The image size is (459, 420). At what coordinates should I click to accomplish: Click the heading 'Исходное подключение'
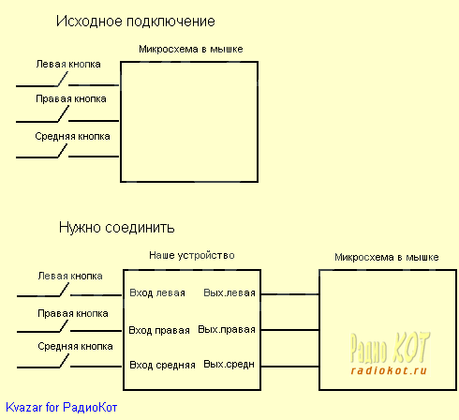pos(136,22)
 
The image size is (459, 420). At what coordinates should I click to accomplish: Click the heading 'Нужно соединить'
pos(117,227)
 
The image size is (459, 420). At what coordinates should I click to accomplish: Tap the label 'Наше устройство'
pos(192,255)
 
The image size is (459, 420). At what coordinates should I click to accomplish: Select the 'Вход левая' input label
pos(157,293)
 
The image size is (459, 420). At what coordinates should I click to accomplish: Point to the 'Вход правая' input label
pos(159,330)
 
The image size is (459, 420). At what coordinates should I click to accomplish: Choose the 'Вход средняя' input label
pos(162,365)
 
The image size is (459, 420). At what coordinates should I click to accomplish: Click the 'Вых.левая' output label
pos(229,292)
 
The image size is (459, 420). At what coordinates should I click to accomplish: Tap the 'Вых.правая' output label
pos(227,330)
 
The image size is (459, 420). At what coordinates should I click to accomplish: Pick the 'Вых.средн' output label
pos(229,365)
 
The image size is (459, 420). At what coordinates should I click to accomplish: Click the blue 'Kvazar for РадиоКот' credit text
pos(62,407)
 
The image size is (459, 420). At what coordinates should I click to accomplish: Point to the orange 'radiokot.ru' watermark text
pos(389,370)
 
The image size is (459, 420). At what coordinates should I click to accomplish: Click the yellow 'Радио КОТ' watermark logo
pos(390,348)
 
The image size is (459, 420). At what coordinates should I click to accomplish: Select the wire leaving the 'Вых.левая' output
pos(289,294)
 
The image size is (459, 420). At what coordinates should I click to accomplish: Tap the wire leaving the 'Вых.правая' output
pos(289,330)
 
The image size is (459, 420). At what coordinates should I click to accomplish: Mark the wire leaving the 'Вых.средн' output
pos(289,367)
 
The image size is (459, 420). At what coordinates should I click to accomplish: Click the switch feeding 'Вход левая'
pos(64,291)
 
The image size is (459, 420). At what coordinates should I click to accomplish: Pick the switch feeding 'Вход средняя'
pos(64,362)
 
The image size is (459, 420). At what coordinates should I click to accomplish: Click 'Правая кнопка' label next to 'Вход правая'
pos(73,313)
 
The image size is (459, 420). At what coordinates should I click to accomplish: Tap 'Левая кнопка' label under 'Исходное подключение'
pos(68,64)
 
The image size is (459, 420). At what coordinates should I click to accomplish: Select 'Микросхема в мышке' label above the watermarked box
pos(387,257)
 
